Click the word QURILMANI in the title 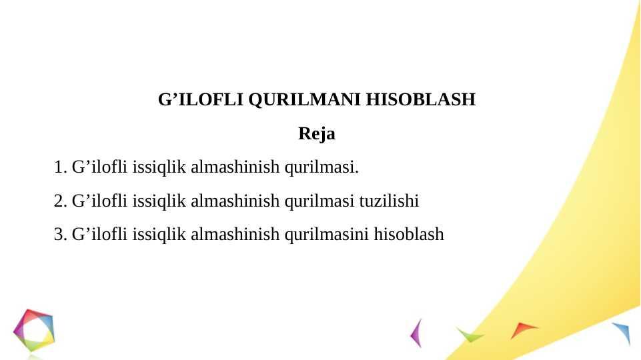(305, 100)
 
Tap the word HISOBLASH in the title (421, 100)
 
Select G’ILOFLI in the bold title (201, 100)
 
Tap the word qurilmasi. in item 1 (322, 168)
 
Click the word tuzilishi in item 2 (389, 201)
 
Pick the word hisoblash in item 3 (409, 234)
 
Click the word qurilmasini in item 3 (327, 235)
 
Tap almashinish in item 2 (235, 201)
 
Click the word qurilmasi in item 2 (319, 202)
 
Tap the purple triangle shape (417, 333)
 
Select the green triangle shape (470, 335)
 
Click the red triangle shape (522, 329)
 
